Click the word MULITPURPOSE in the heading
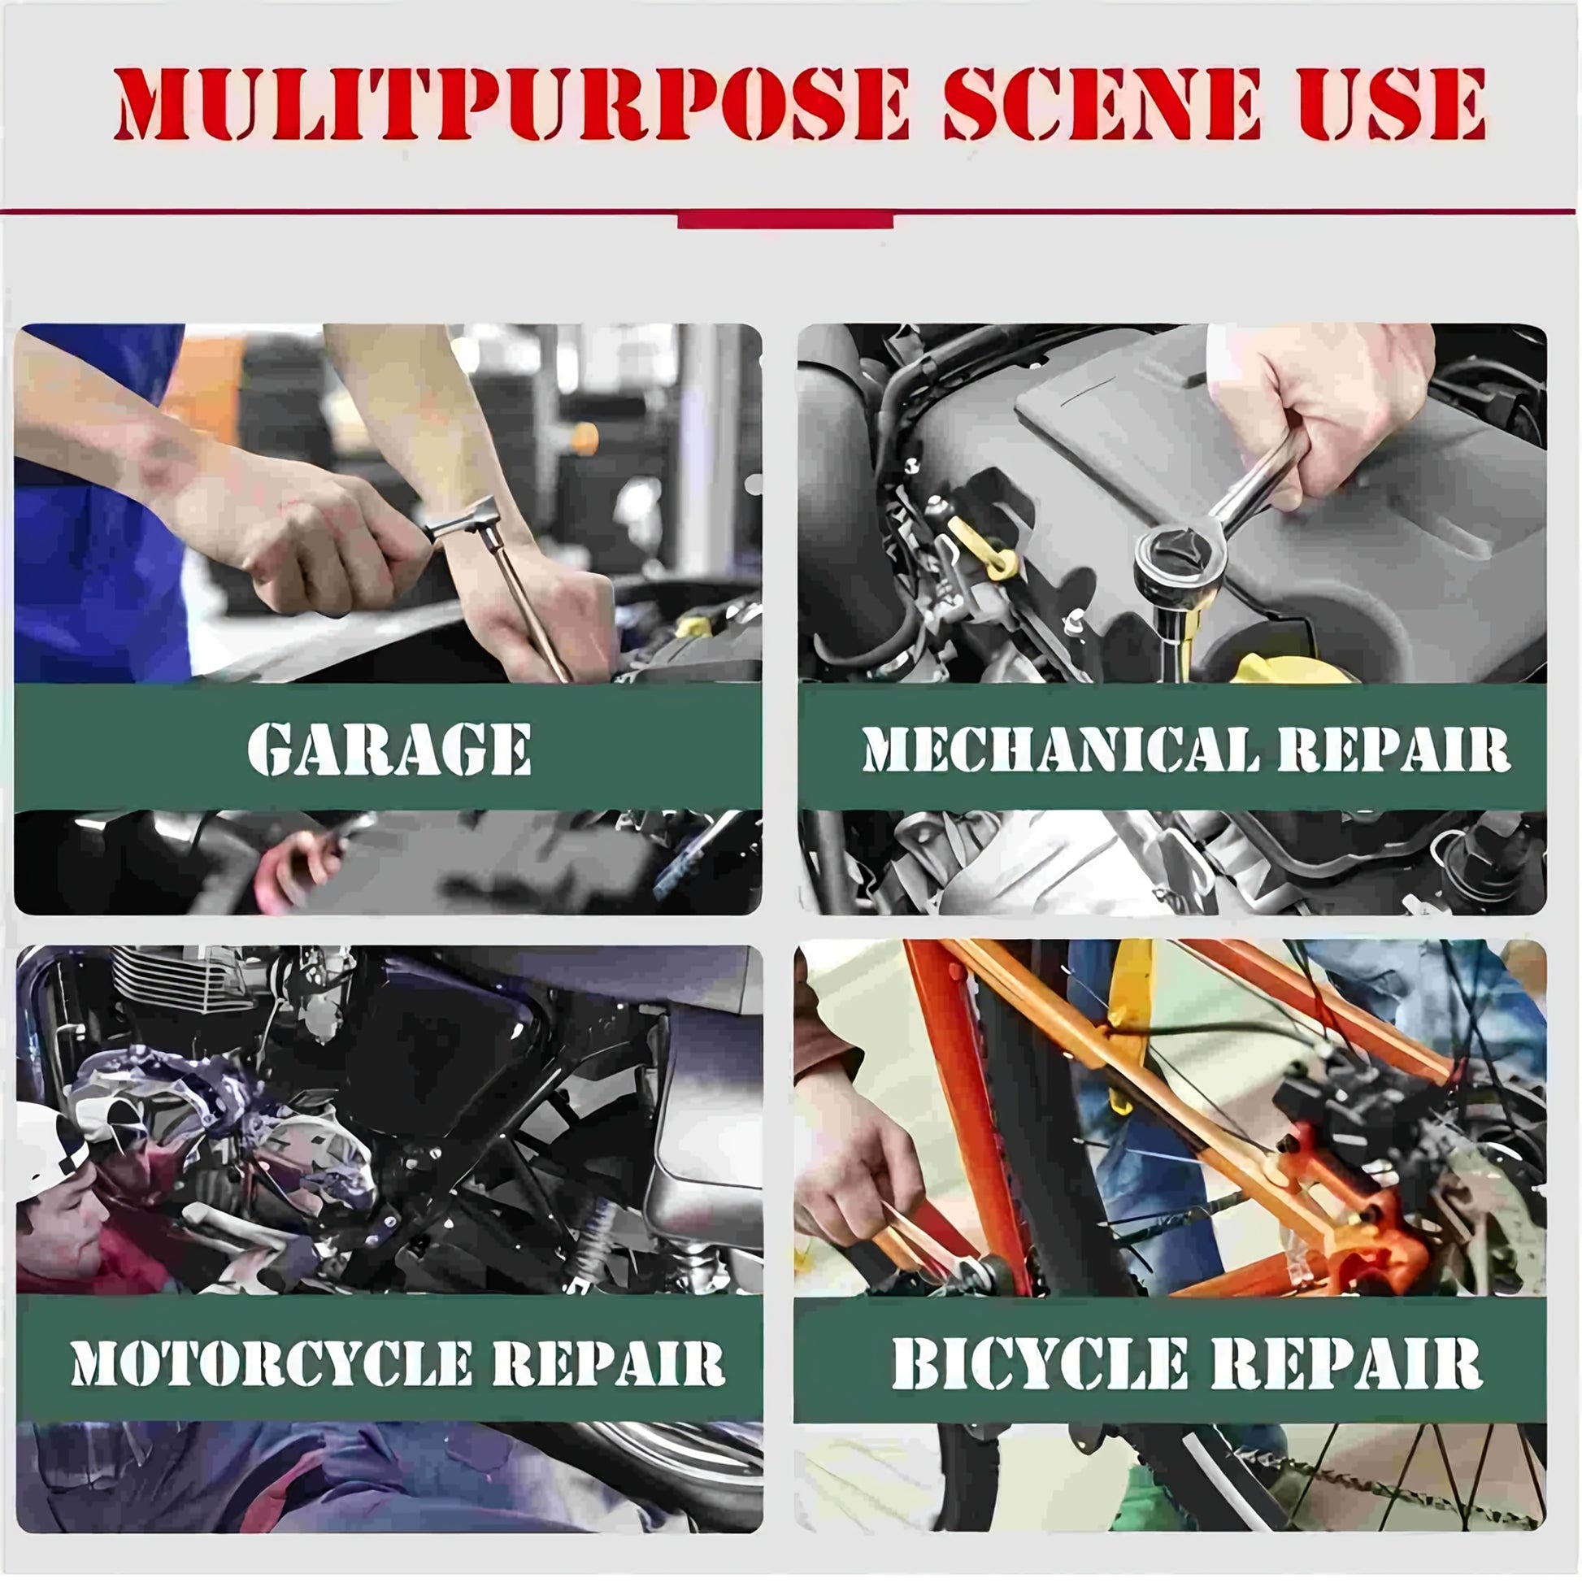tap(512, 104)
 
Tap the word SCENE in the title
tap(1102, 104)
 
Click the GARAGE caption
tap(389, 749)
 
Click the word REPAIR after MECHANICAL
tap(1394, 749)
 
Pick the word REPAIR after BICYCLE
tap(1348, 1363)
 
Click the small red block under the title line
tap(785, 220)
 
